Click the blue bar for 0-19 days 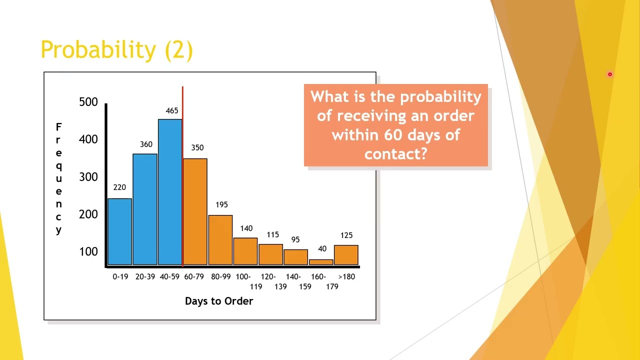click(x=120, y=231)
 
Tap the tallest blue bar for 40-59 click(x=170, y=192)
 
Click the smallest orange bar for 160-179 click(x=321, y=262)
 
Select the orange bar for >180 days click(x=346, y=255)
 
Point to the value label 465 click(x=171, y=110)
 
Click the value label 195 click(x=221, y=204)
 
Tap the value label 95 click(x=295, y=239)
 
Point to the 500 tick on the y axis click(x=88, y=102)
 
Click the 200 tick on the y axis click(x=88, y=214)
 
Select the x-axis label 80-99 click(x=220, y=276)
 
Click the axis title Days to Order click(x=219, y=301)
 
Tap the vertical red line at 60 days click(x=182, y=150)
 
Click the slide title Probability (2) click(x=116, y=50)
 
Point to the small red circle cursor click(x=609, y=74)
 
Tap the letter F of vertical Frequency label click(x=58, y=127)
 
